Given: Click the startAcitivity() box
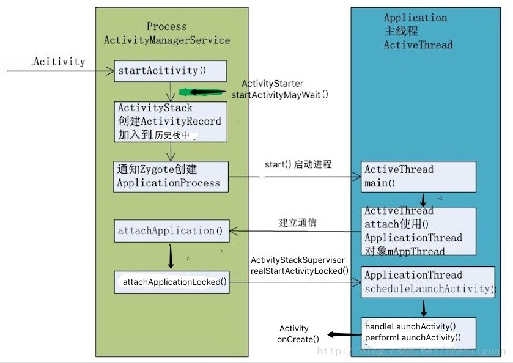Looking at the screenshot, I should (x=170, y=70).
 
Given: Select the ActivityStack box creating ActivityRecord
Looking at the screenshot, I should (x=169, y=122).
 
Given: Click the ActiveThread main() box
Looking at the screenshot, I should (x=419, y=176).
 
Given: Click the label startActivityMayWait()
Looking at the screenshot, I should (x=279, y=95).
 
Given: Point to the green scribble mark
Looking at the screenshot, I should (x=193, y=92).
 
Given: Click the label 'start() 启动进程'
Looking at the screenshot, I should (x=298, y=164).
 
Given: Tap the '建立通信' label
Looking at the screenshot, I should (x=298, y=223).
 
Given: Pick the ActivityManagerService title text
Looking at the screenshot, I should (x=167, y=40).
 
